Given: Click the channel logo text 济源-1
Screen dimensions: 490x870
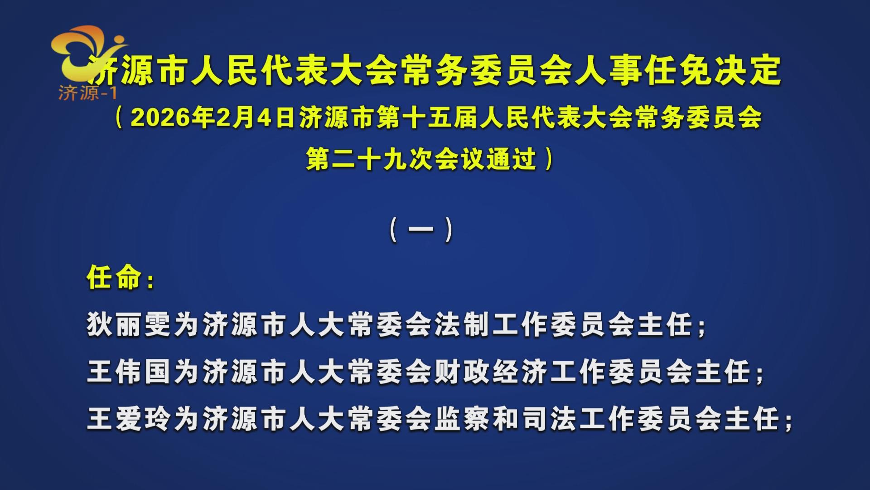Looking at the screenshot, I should [x=87, y=93].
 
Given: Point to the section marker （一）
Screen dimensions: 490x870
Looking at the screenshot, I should [x=421, y=230].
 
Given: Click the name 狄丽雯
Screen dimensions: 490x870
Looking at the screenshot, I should [x=129, y=325].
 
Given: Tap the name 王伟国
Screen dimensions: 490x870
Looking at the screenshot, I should [x=129, y=372].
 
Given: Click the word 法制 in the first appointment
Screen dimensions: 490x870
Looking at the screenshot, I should [x=463, y=325].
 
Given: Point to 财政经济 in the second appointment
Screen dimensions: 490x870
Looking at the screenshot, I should [x=492, y=372].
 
